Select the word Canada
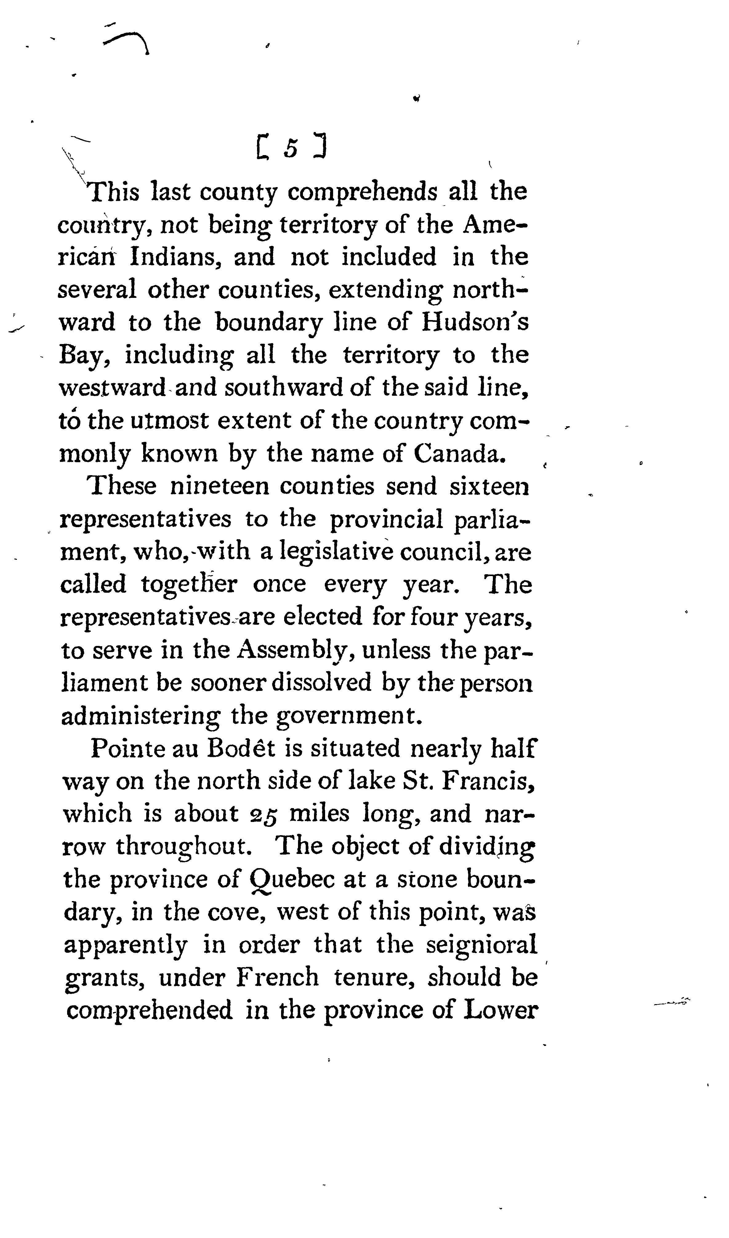click(x=460, y=454)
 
